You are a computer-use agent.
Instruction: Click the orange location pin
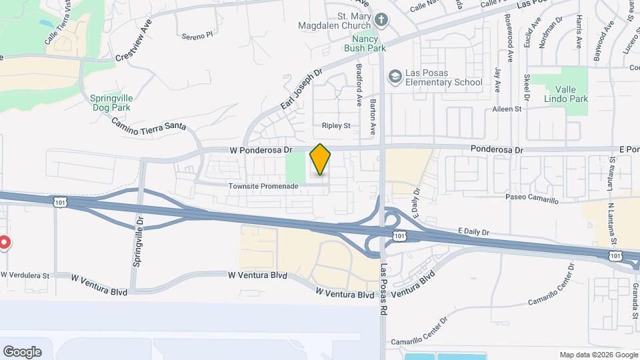(321, 159)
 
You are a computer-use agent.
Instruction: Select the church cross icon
(381, 21)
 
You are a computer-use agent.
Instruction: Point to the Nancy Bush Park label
(365, 43)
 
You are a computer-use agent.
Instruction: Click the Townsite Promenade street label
(263, 185)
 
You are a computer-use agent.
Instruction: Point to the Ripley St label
(336, 125)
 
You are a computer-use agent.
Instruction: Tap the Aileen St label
(507, 109)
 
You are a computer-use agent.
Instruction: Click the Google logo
(22, 351)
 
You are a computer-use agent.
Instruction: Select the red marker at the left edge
(3, 243)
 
